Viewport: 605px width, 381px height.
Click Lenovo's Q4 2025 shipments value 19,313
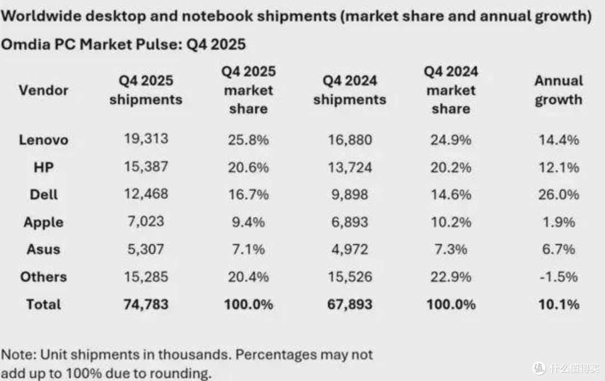click(x=146, y=138)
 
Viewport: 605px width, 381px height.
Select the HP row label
click(x=44, y=167)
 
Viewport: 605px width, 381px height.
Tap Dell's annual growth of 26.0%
click(x=559, y=194)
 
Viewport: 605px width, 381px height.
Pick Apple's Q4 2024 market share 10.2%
click(x=450, y=222)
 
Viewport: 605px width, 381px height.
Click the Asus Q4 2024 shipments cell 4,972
click(x=350, y=249)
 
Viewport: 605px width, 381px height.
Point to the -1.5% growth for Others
click(x=559, y=277)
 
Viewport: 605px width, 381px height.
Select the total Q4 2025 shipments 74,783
click(x=146, y=305)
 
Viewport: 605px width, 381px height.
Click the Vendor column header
click(x=44, y=90)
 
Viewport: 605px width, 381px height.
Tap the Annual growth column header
click(x=559, y=90)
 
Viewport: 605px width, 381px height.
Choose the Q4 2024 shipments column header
click(x=350, y=90)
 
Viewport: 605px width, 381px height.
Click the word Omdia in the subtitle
click(x=26, y=44)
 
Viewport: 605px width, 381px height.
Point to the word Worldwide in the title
click(x=41, y=16)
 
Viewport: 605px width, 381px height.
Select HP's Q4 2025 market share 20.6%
click(x=248, y=167)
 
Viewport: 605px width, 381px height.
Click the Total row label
click(x=44, y=305)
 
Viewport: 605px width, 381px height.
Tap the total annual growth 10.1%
click(x=559, y=305)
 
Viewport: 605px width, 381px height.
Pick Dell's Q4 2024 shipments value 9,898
click(x=350, y=194)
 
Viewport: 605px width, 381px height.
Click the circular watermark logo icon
click(x=539, y=368)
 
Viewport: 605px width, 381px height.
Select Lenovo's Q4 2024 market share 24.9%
click(x=450, y=140)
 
